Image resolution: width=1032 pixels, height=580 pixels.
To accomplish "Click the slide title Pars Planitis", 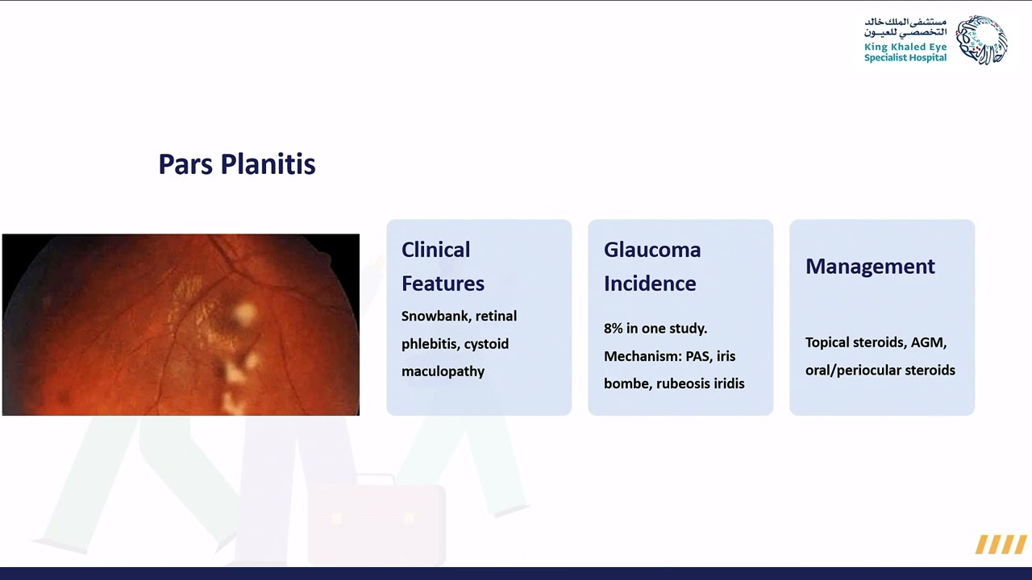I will (x=236, y=164).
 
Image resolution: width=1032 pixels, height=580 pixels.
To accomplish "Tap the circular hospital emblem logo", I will (x=981, y=39).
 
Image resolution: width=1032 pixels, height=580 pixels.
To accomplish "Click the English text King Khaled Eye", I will (x=905, y=48).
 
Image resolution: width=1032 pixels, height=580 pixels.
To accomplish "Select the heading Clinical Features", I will (x=443, y=267).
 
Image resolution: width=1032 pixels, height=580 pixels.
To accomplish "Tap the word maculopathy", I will (x=443, y=371).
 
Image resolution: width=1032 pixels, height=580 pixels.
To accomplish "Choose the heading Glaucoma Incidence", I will (x=651, y=267).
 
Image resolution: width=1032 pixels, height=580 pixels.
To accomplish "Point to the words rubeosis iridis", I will (x=700, y=383).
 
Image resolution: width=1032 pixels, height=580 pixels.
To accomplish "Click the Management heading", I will (x=870, y=267).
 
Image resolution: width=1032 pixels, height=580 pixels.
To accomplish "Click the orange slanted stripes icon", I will (x=1001, y=545).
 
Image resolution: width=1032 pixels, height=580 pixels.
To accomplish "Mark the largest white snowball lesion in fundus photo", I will (x=243, y=313).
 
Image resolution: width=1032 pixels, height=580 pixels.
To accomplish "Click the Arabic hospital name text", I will (x=905, y=27).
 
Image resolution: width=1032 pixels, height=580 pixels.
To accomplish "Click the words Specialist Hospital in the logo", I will (x=905, y=58).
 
